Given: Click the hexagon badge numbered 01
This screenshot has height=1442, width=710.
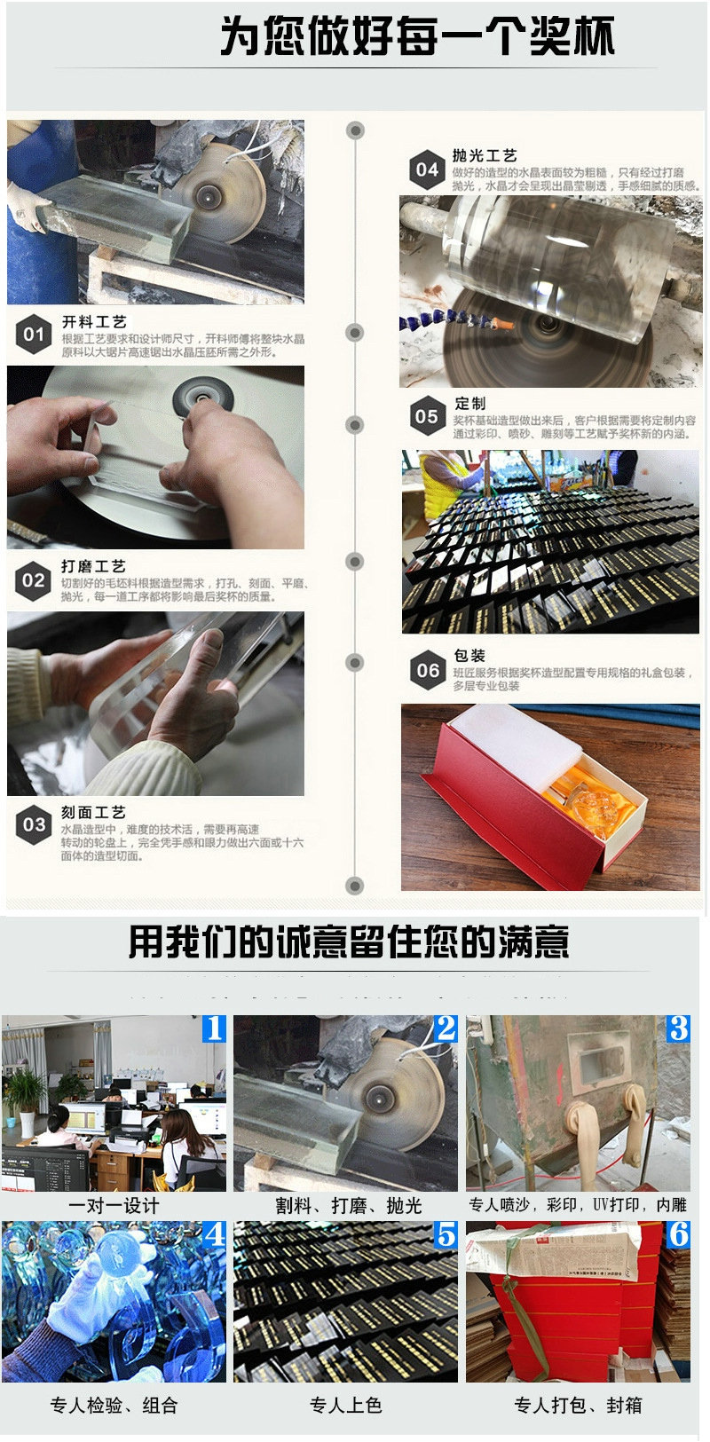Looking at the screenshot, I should tap(34, 335).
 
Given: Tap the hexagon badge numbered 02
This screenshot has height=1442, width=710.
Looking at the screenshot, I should tap(34, 580).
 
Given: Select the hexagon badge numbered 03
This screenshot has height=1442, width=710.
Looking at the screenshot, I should tap(34, 824).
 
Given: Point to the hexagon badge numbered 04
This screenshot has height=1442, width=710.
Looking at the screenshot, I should tap(427, 169).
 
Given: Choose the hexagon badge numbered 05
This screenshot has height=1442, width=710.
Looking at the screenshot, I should tap(427, 416).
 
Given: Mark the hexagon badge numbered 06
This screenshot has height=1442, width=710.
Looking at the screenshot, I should tap(428, 671).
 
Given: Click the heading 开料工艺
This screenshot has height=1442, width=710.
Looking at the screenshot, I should tap(93, 322).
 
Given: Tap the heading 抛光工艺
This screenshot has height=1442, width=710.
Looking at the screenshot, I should tap(484, 155).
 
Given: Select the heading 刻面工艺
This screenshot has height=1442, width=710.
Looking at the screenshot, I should tap(93, 812).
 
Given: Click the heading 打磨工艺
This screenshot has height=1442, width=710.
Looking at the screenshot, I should tap(93, 566).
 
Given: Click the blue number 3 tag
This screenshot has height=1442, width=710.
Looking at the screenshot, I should tap(678, 1028).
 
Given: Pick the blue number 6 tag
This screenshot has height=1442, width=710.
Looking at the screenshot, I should tap(678, 1234).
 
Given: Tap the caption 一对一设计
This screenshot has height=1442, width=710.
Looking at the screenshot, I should tap(114, 1205).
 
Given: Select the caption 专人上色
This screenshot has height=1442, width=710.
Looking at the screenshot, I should tap(345, 1406).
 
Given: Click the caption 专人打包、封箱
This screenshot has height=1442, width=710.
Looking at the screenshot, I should tap(578, 1406).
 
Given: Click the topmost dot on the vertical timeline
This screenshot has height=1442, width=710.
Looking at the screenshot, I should tap(356, 130).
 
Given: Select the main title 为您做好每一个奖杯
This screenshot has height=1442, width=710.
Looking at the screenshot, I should tap(417, 37).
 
